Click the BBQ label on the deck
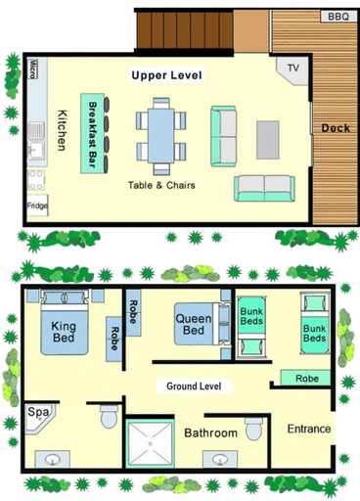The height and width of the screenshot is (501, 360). point(338,17)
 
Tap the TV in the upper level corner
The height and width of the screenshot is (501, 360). point(292,70)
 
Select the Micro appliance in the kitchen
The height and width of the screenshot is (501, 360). point(32,68)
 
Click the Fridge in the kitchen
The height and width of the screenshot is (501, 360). point(37,205)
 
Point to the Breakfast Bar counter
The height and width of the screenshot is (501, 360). point(93,133)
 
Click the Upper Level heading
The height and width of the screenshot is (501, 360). point(166,75)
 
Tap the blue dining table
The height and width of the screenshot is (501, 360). point(160,136)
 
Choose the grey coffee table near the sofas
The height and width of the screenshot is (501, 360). point(268,140)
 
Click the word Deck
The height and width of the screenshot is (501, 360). point(336,128)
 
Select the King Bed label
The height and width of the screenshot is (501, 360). point(64,332)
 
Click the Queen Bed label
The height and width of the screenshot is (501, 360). point(194,324)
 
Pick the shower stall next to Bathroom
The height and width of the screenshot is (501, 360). point(150,444)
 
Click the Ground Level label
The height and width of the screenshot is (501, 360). point(194,387)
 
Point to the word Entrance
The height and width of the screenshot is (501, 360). point(309,429)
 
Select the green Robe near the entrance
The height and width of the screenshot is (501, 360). point(305,378)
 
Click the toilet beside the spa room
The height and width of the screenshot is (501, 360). point(109,417)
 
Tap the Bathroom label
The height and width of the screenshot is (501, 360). point(210,433)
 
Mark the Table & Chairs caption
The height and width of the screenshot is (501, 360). point(161,185)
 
